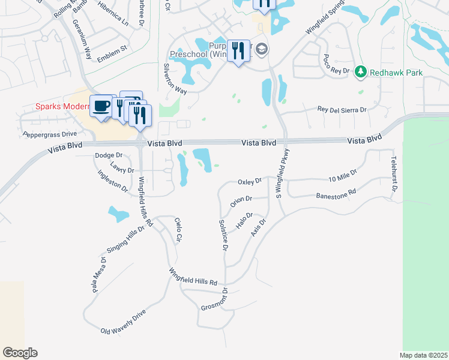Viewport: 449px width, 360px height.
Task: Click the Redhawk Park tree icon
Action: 360,73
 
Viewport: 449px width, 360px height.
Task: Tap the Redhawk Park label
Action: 396,73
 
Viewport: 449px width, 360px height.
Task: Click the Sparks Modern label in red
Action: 61,107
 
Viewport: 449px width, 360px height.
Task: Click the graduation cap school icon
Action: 261,49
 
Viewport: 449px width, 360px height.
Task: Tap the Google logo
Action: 20,353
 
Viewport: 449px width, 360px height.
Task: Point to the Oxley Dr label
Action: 250,181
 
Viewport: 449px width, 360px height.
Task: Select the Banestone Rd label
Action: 336,195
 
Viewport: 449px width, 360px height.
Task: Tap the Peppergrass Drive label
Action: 50,134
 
